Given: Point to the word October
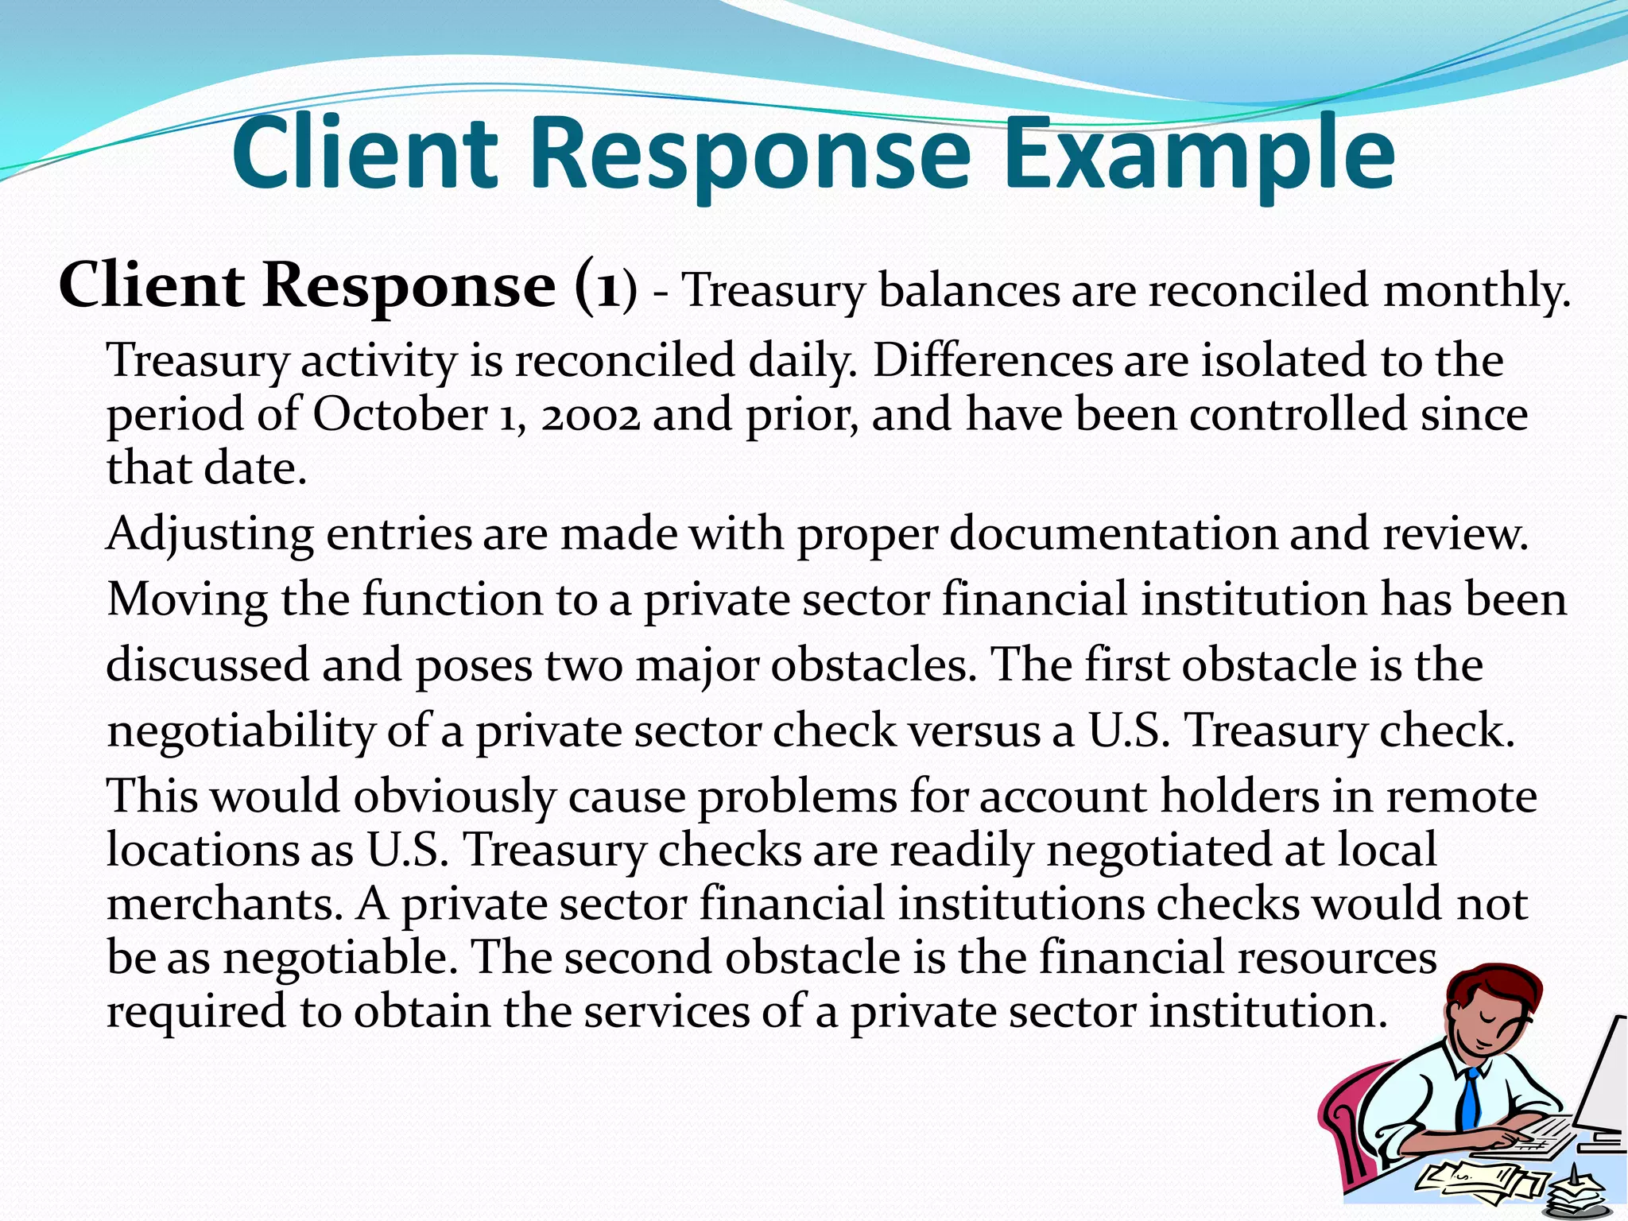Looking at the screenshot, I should pos(400,415).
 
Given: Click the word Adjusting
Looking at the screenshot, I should pos(210,534).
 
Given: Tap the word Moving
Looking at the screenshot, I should pos(188,600).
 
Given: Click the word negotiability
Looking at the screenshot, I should pos(241,731).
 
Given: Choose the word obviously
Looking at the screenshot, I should pos(454,797).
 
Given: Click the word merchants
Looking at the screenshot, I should pos(224,905).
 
